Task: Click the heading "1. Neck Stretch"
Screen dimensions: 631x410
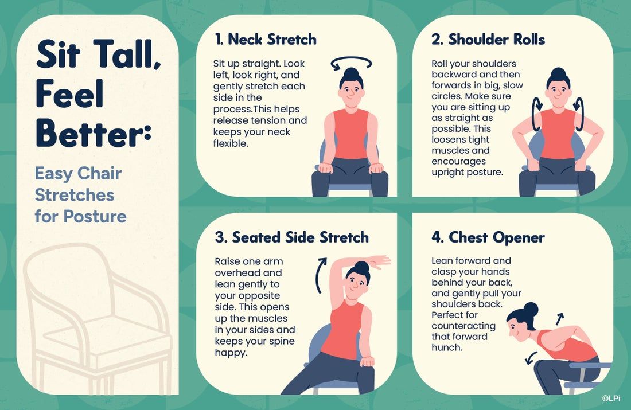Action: (x=266, y=40)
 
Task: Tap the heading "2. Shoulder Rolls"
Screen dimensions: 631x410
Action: (x=488, y=40)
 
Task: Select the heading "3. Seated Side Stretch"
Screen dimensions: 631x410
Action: (x=292, y=237)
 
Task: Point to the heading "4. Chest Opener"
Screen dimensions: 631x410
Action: (x=488, y=237)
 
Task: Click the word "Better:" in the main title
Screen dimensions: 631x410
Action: (x=94, y=133)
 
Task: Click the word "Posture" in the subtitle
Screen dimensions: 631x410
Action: (x=95, y=216)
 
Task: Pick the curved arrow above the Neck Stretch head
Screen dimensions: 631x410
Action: (x=351, y=63)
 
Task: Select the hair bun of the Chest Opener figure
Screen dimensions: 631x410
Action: (x=531, y=310)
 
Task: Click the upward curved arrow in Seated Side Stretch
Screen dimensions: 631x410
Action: (x=320, y=275)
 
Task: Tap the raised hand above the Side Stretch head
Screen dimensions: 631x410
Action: (x=377, y=261)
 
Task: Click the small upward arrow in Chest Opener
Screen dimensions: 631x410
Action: (x=559, y=318)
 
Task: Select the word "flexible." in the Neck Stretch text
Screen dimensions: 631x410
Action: (x=231, y=143)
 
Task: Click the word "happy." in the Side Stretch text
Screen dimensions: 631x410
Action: (x=231, y=353)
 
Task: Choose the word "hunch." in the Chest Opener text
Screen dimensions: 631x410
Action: (x=447, y=347)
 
